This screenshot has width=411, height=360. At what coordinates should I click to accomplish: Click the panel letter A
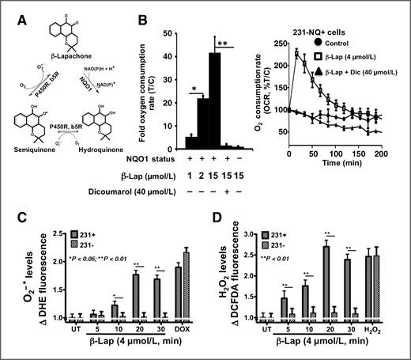(x=10, y=9)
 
